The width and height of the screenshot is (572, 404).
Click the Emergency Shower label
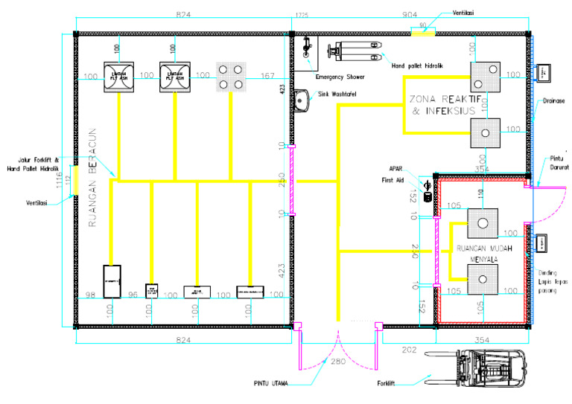[340, 77]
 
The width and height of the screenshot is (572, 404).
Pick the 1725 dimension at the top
[302, 14]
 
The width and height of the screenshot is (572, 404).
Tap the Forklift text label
[385, 384]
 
